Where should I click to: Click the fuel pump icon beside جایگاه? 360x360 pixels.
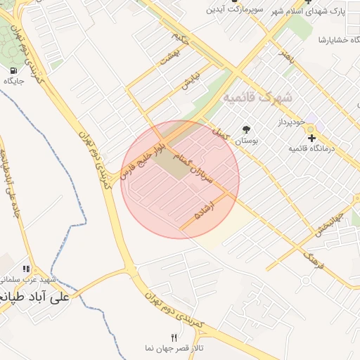(14, 70)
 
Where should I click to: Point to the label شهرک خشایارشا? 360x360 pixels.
(337, 39)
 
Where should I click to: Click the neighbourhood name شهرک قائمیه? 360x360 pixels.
(257, 97)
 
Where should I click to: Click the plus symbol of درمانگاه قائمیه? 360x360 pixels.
(311, 138)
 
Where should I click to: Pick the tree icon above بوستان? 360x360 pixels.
(246, 129)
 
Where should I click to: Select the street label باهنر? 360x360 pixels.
(285, 58)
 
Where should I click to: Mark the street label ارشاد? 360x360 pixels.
(207, 212)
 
